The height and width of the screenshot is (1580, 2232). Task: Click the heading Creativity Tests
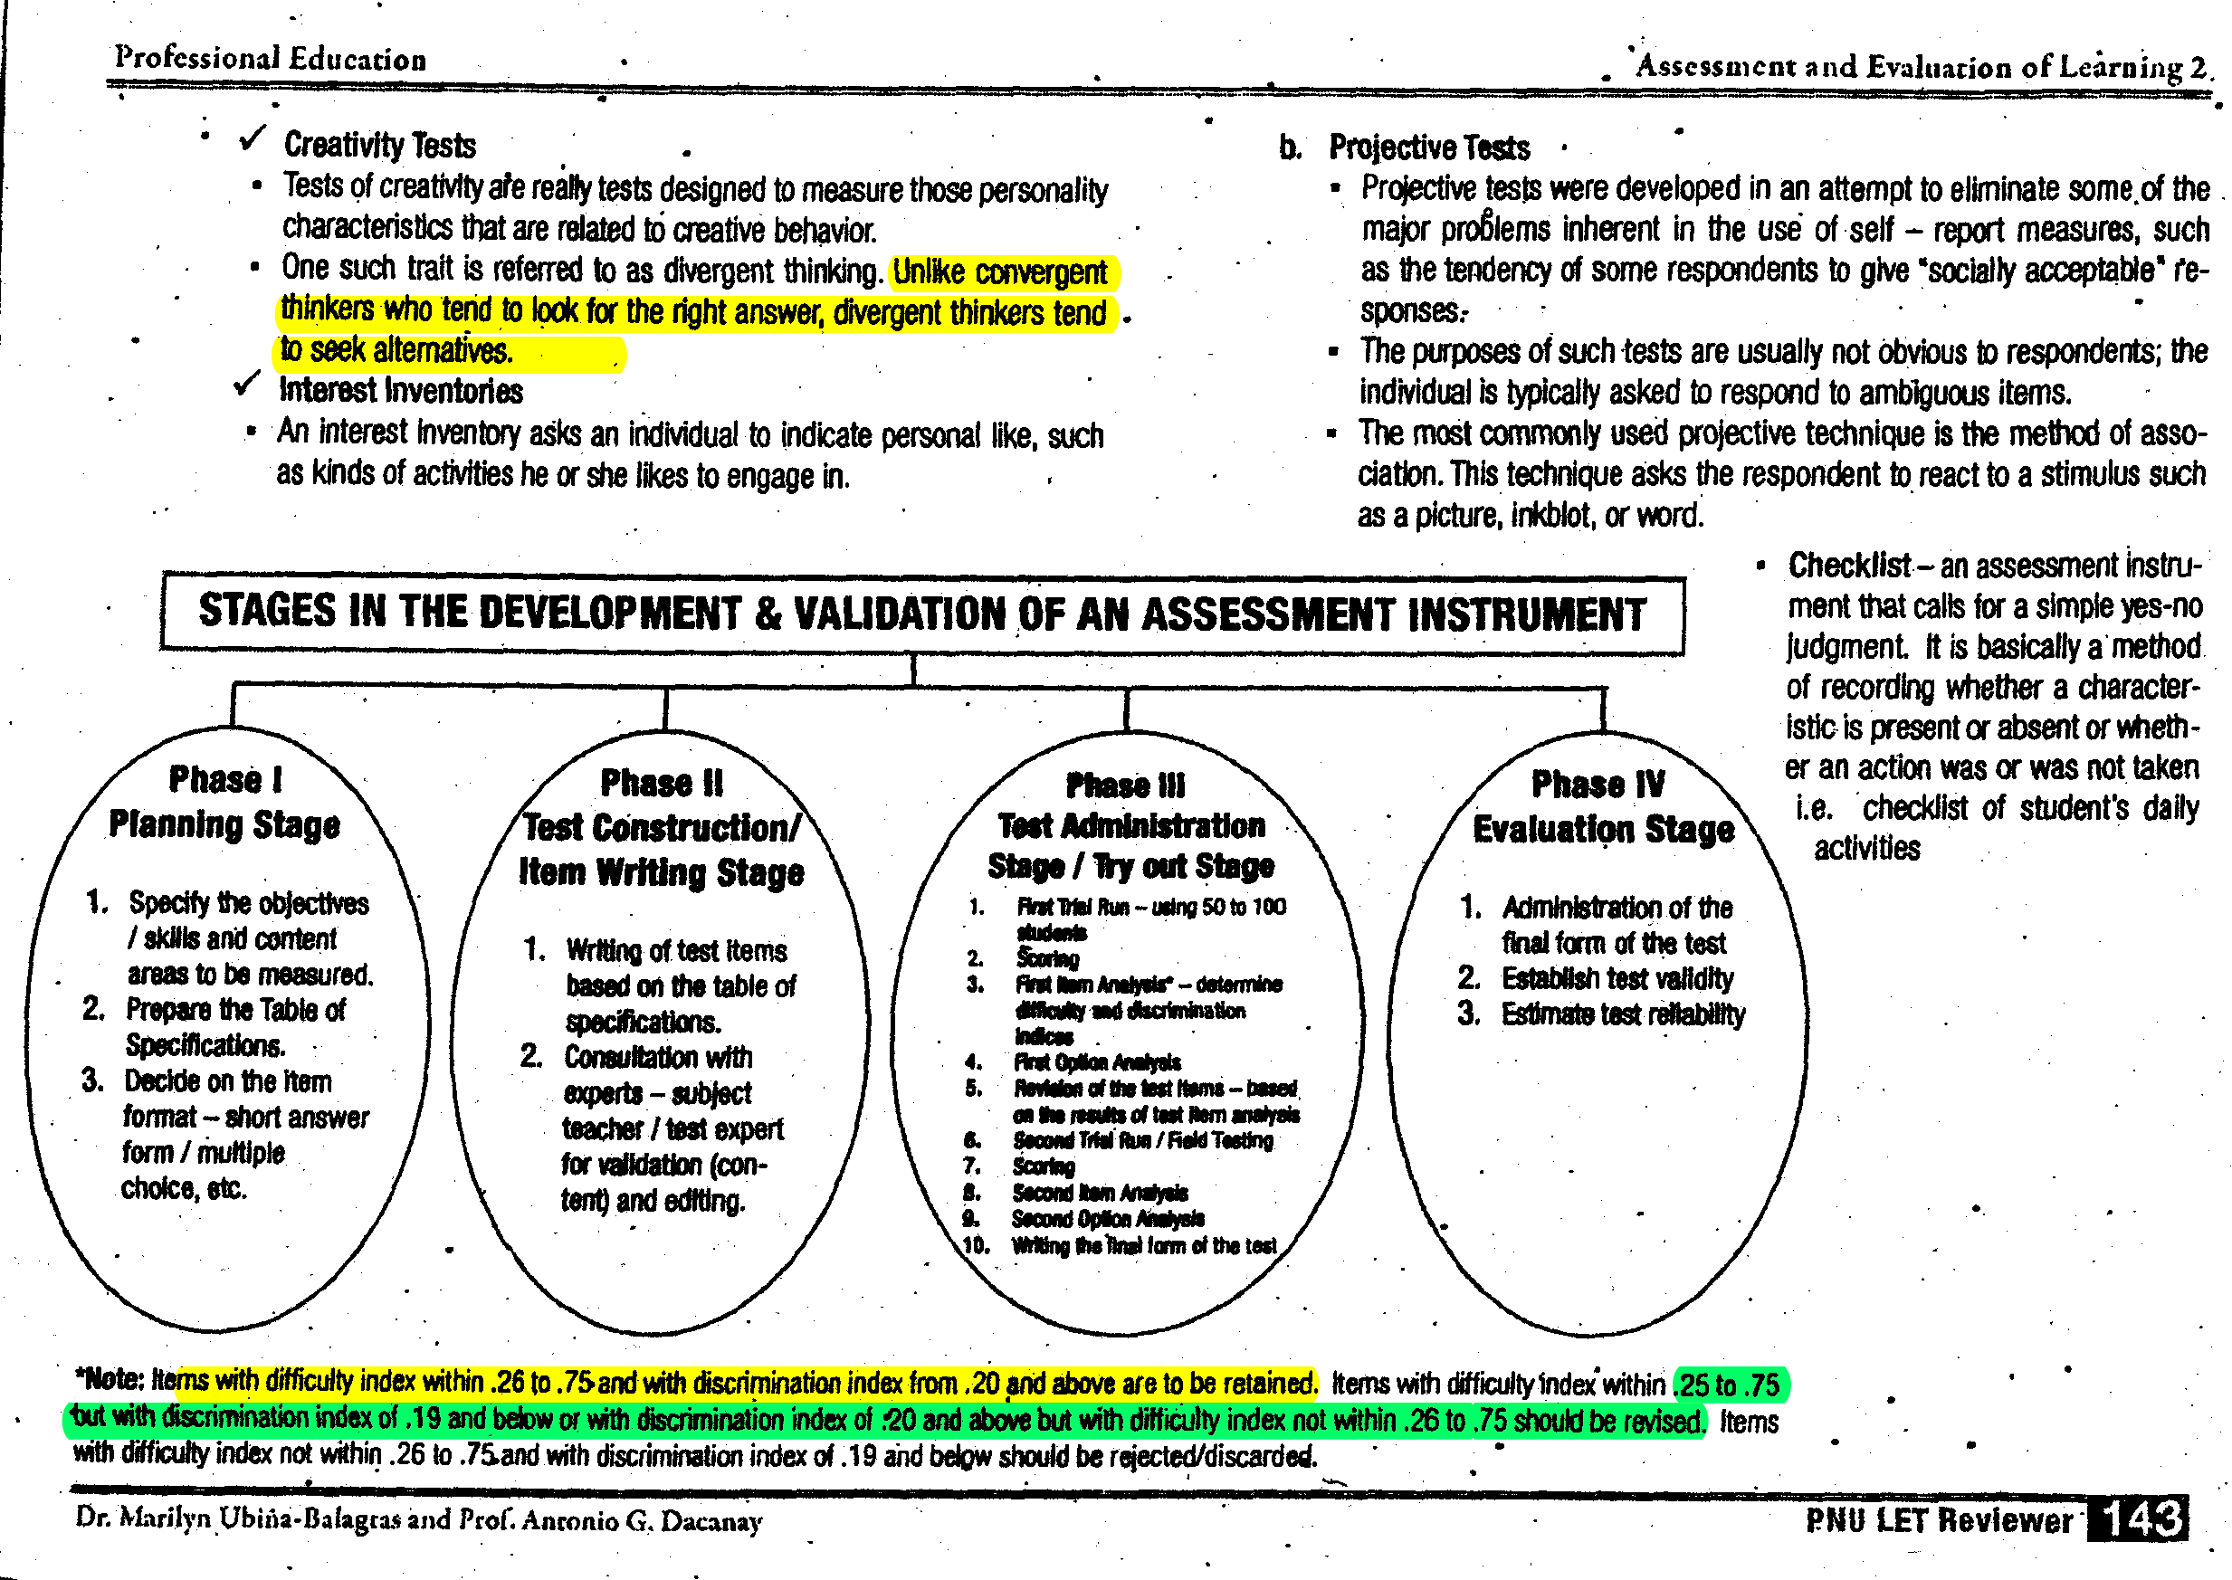click(379, 145)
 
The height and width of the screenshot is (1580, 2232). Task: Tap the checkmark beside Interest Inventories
click(247, 385)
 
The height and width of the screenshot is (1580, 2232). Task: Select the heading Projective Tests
click(1428, 148)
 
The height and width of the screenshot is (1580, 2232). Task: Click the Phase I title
click(225, 780)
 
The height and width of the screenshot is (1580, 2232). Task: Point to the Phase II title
click(662, 783)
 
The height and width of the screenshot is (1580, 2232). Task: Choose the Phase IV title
click(1598, 785)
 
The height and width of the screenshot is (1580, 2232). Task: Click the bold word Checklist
click(1848, 566)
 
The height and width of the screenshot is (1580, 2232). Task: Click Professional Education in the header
click(271, 59)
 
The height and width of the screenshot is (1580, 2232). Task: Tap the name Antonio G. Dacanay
click(642, 1520)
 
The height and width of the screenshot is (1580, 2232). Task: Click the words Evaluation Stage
click(1604, 830)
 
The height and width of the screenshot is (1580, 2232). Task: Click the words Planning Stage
click(224, 825)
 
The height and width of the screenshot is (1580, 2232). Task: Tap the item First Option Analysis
click(1098, 1062)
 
